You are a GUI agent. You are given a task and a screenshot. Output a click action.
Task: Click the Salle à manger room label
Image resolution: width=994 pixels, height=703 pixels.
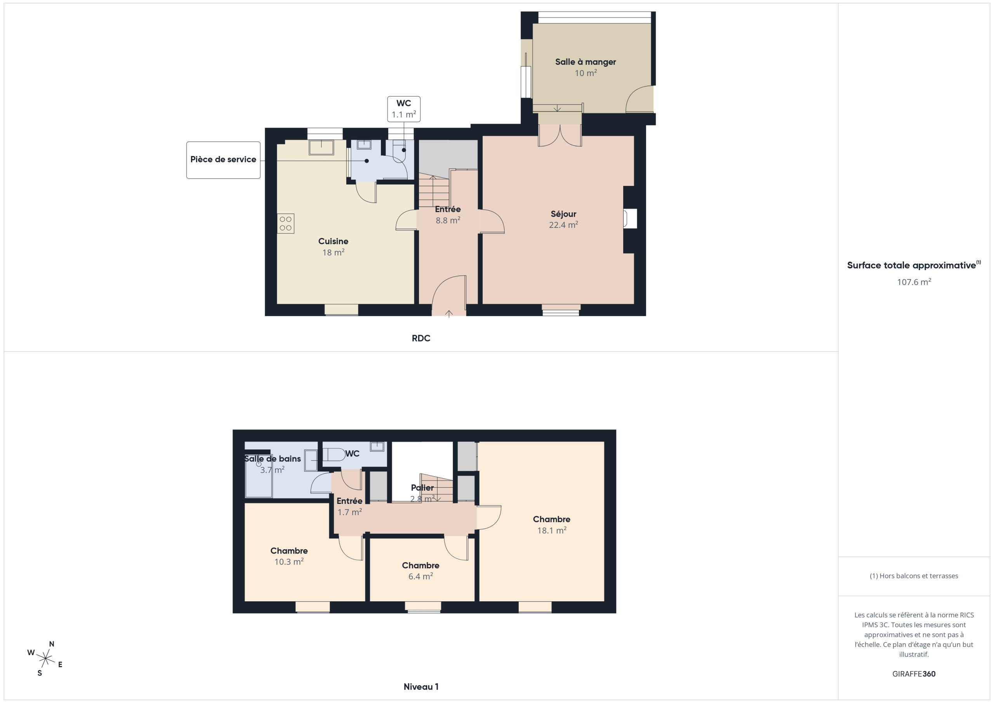[x=585, y=62]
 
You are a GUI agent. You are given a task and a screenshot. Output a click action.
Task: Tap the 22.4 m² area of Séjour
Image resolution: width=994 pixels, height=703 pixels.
[x=563, y=225]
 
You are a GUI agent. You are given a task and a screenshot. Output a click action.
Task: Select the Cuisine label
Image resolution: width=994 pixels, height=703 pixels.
[x=333, y=241]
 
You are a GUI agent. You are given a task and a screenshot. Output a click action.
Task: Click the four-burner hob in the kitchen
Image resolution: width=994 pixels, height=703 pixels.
[x=286, y=223]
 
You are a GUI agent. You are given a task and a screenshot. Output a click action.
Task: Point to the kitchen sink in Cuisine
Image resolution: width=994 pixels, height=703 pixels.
[x=321, y=147]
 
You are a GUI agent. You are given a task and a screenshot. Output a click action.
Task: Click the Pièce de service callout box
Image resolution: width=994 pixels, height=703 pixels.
[x=223, y=160]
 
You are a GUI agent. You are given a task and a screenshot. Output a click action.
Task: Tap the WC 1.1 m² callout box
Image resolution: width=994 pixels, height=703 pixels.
[x=403, y=109]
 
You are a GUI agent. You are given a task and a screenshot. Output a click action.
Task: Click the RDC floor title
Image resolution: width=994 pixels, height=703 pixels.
[x=421, y=338]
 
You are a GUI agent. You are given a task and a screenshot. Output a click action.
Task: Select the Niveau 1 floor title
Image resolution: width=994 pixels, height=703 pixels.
[x=421, y=687]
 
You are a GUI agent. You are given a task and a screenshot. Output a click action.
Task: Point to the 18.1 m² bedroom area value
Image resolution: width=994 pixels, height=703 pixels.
[x=551, y=530]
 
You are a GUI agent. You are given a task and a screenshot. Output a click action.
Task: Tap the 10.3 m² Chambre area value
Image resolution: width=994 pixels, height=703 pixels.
[x=289, y=561]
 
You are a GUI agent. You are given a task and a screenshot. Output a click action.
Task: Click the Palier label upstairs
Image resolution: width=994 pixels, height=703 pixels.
[x=422, y=488]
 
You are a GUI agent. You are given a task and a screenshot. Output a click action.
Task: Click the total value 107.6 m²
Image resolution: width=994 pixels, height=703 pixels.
[x=914, y=282]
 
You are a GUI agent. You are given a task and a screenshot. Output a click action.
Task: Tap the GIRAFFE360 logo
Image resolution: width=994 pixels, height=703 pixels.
[x=914, y=673]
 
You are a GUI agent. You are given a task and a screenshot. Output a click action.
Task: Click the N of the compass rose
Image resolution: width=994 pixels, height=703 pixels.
[x=52, y=644]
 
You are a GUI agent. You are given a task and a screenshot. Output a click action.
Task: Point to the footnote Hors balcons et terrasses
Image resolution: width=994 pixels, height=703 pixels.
[x=914, y=576]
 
